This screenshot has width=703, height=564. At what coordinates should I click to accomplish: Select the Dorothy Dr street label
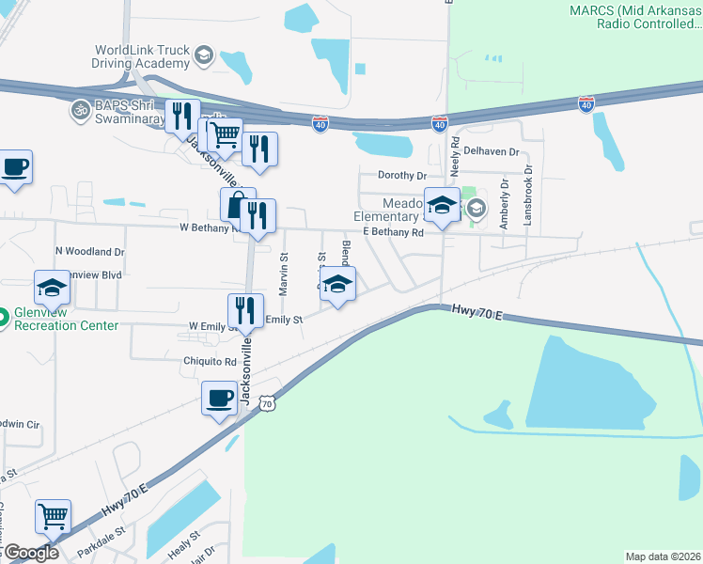401,175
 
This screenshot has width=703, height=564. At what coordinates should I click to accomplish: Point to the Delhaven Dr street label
493,151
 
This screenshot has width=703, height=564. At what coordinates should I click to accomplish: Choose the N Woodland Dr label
90,252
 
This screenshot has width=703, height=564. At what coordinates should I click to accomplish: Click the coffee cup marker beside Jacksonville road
219,399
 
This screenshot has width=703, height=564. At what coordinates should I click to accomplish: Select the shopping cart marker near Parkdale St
54,516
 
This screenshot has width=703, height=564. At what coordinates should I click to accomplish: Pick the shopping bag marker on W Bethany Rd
237,204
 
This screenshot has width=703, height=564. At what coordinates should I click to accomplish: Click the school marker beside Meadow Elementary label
442,204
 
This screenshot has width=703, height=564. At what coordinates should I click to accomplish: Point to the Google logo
30,553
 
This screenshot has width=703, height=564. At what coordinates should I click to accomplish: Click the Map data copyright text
662,556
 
